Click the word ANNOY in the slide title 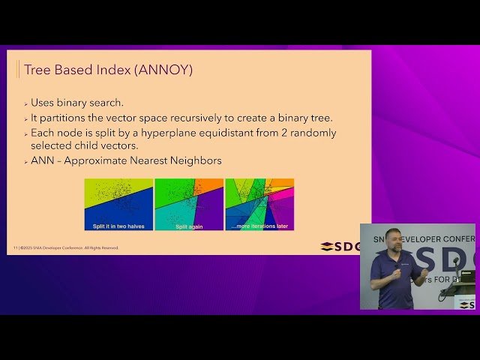tap(166, 70)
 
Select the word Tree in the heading tap(37, 70)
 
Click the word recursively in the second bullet tap(196, 118)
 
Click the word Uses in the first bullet tap(43, 103)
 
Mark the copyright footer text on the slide tap(67, 247)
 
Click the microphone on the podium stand tap(455, 261)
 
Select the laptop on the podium tap(467, 277)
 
